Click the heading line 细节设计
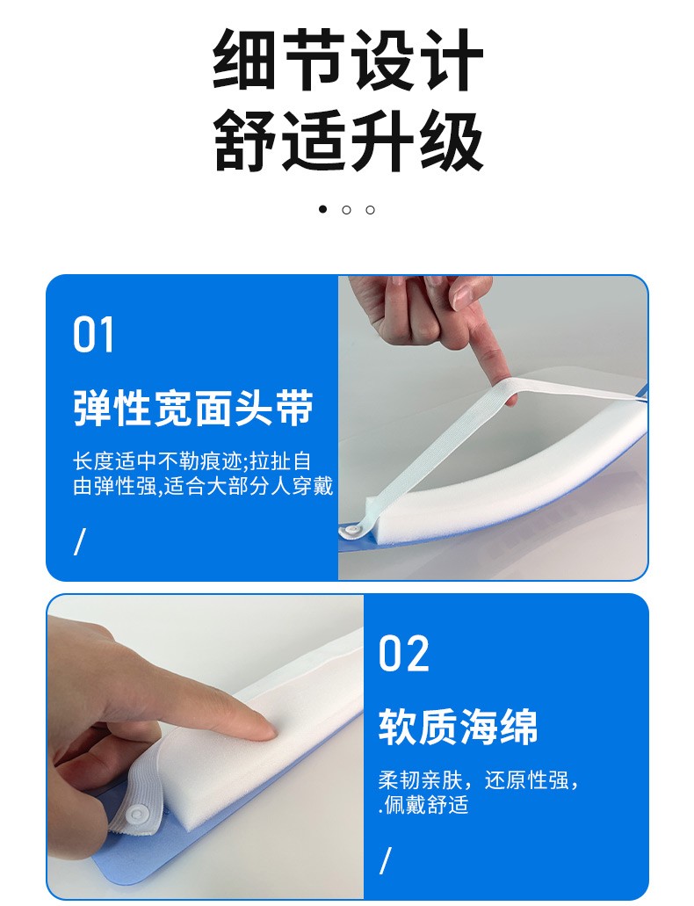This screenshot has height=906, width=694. coord(348,60)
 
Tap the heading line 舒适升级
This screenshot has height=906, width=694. coord(348,141)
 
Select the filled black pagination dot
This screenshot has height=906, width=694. coord(323,209)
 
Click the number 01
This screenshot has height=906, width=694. coord(93,335)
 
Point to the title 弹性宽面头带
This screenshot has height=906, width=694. coord(193,408)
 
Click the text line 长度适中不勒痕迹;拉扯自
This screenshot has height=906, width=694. coord(192,461)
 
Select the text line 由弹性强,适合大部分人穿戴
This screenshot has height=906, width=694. coord(204,486)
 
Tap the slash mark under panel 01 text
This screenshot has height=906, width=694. coord(80,541)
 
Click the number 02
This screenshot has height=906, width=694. coord(404,653)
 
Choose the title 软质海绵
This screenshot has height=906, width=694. coord(459,727)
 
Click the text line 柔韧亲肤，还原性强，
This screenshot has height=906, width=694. coord(479,780)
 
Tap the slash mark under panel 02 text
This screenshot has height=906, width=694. coord(386,860)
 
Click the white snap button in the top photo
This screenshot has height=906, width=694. coord(350,531)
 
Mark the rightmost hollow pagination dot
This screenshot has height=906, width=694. coord(371,210)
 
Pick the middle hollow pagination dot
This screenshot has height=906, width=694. coord(347,210)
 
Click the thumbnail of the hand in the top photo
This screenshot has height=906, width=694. coord(463,296)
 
